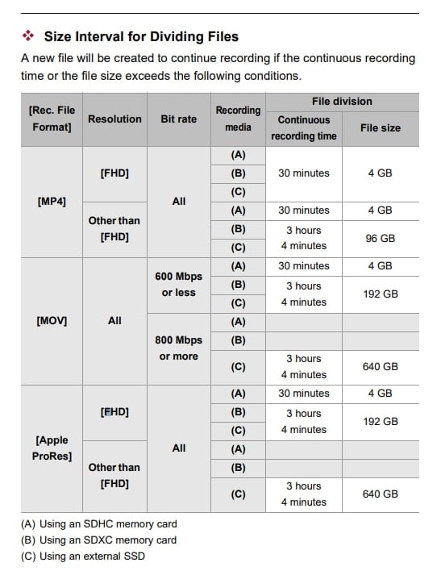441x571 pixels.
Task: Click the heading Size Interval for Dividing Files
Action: coord(141,36)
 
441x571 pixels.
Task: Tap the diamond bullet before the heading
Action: coord(28,36)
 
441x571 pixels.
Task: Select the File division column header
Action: coord(342,102)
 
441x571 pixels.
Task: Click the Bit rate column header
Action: coord(178,119)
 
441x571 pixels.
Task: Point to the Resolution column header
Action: coord(114,119)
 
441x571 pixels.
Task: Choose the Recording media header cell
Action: coord(238,119)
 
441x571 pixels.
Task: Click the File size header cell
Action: coord(380,127)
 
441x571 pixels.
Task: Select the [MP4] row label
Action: coord(52,201)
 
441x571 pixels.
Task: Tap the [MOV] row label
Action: coord(52,320)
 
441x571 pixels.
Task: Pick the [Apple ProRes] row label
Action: coord(52,448)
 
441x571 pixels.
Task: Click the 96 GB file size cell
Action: coord(380,238)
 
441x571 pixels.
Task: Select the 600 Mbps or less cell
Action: coord(178,285)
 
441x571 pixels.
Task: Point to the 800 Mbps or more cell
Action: coord(178,348)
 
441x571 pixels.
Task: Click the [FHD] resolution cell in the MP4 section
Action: coord(114,173)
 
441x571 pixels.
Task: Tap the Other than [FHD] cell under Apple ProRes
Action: coord(114,475)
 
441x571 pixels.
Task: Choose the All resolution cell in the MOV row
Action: coord(114,320)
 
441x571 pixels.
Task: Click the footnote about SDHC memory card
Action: coord(98,524)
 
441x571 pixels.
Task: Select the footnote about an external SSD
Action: coord(83,555)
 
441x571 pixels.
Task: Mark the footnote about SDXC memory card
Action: coord(98,540)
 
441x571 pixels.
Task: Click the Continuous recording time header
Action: coord(304,127)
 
